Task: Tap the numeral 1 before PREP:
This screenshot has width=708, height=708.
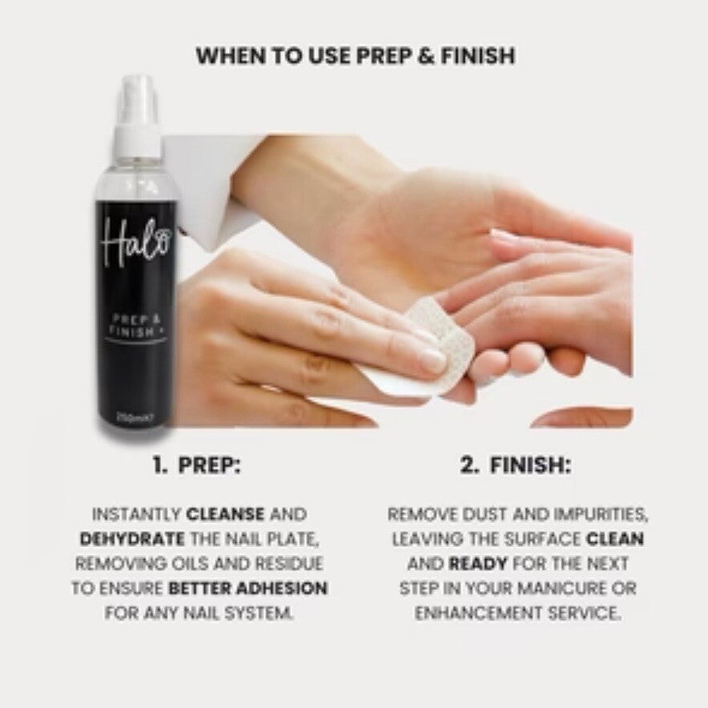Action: [x=159, y=465]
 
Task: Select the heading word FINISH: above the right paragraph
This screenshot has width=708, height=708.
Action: [x=530, y=465]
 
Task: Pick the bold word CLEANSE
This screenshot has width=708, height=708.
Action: [x=225, y=514]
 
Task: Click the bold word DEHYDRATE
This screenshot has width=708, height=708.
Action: [x=132, y=539]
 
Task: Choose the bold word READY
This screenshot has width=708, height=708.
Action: [x=478, y=564]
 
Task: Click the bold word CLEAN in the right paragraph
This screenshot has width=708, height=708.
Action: [x=615, y=539]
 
